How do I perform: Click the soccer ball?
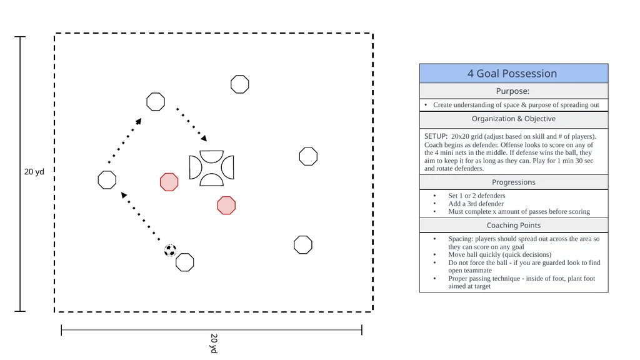(170, 250)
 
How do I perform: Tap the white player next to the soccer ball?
(185, 262)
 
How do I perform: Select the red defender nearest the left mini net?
(169, 182)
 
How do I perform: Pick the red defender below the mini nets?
(226, 205)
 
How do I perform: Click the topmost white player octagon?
(239, 84)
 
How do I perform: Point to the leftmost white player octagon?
(107, 180)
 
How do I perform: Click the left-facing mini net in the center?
(195, 167)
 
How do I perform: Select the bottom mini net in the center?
(211, 179)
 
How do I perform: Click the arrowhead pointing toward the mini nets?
(204, 138)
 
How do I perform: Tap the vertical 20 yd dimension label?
(34, 172)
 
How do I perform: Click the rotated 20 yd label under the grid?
(214, 343)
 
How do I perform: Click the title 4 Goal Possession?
(512, 74)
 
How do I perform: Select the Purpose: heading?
(512, 91)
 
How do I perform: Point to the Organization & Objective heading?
(514, 119)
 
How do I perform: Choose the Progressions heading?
(514, 182)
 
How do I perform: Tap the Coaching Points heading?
(514, 225)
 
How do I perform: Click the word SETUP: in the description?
(436, 136)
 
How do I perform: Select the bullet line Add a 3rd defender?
(476, 204)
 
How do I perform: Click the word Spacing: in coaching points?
(461, 239)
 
